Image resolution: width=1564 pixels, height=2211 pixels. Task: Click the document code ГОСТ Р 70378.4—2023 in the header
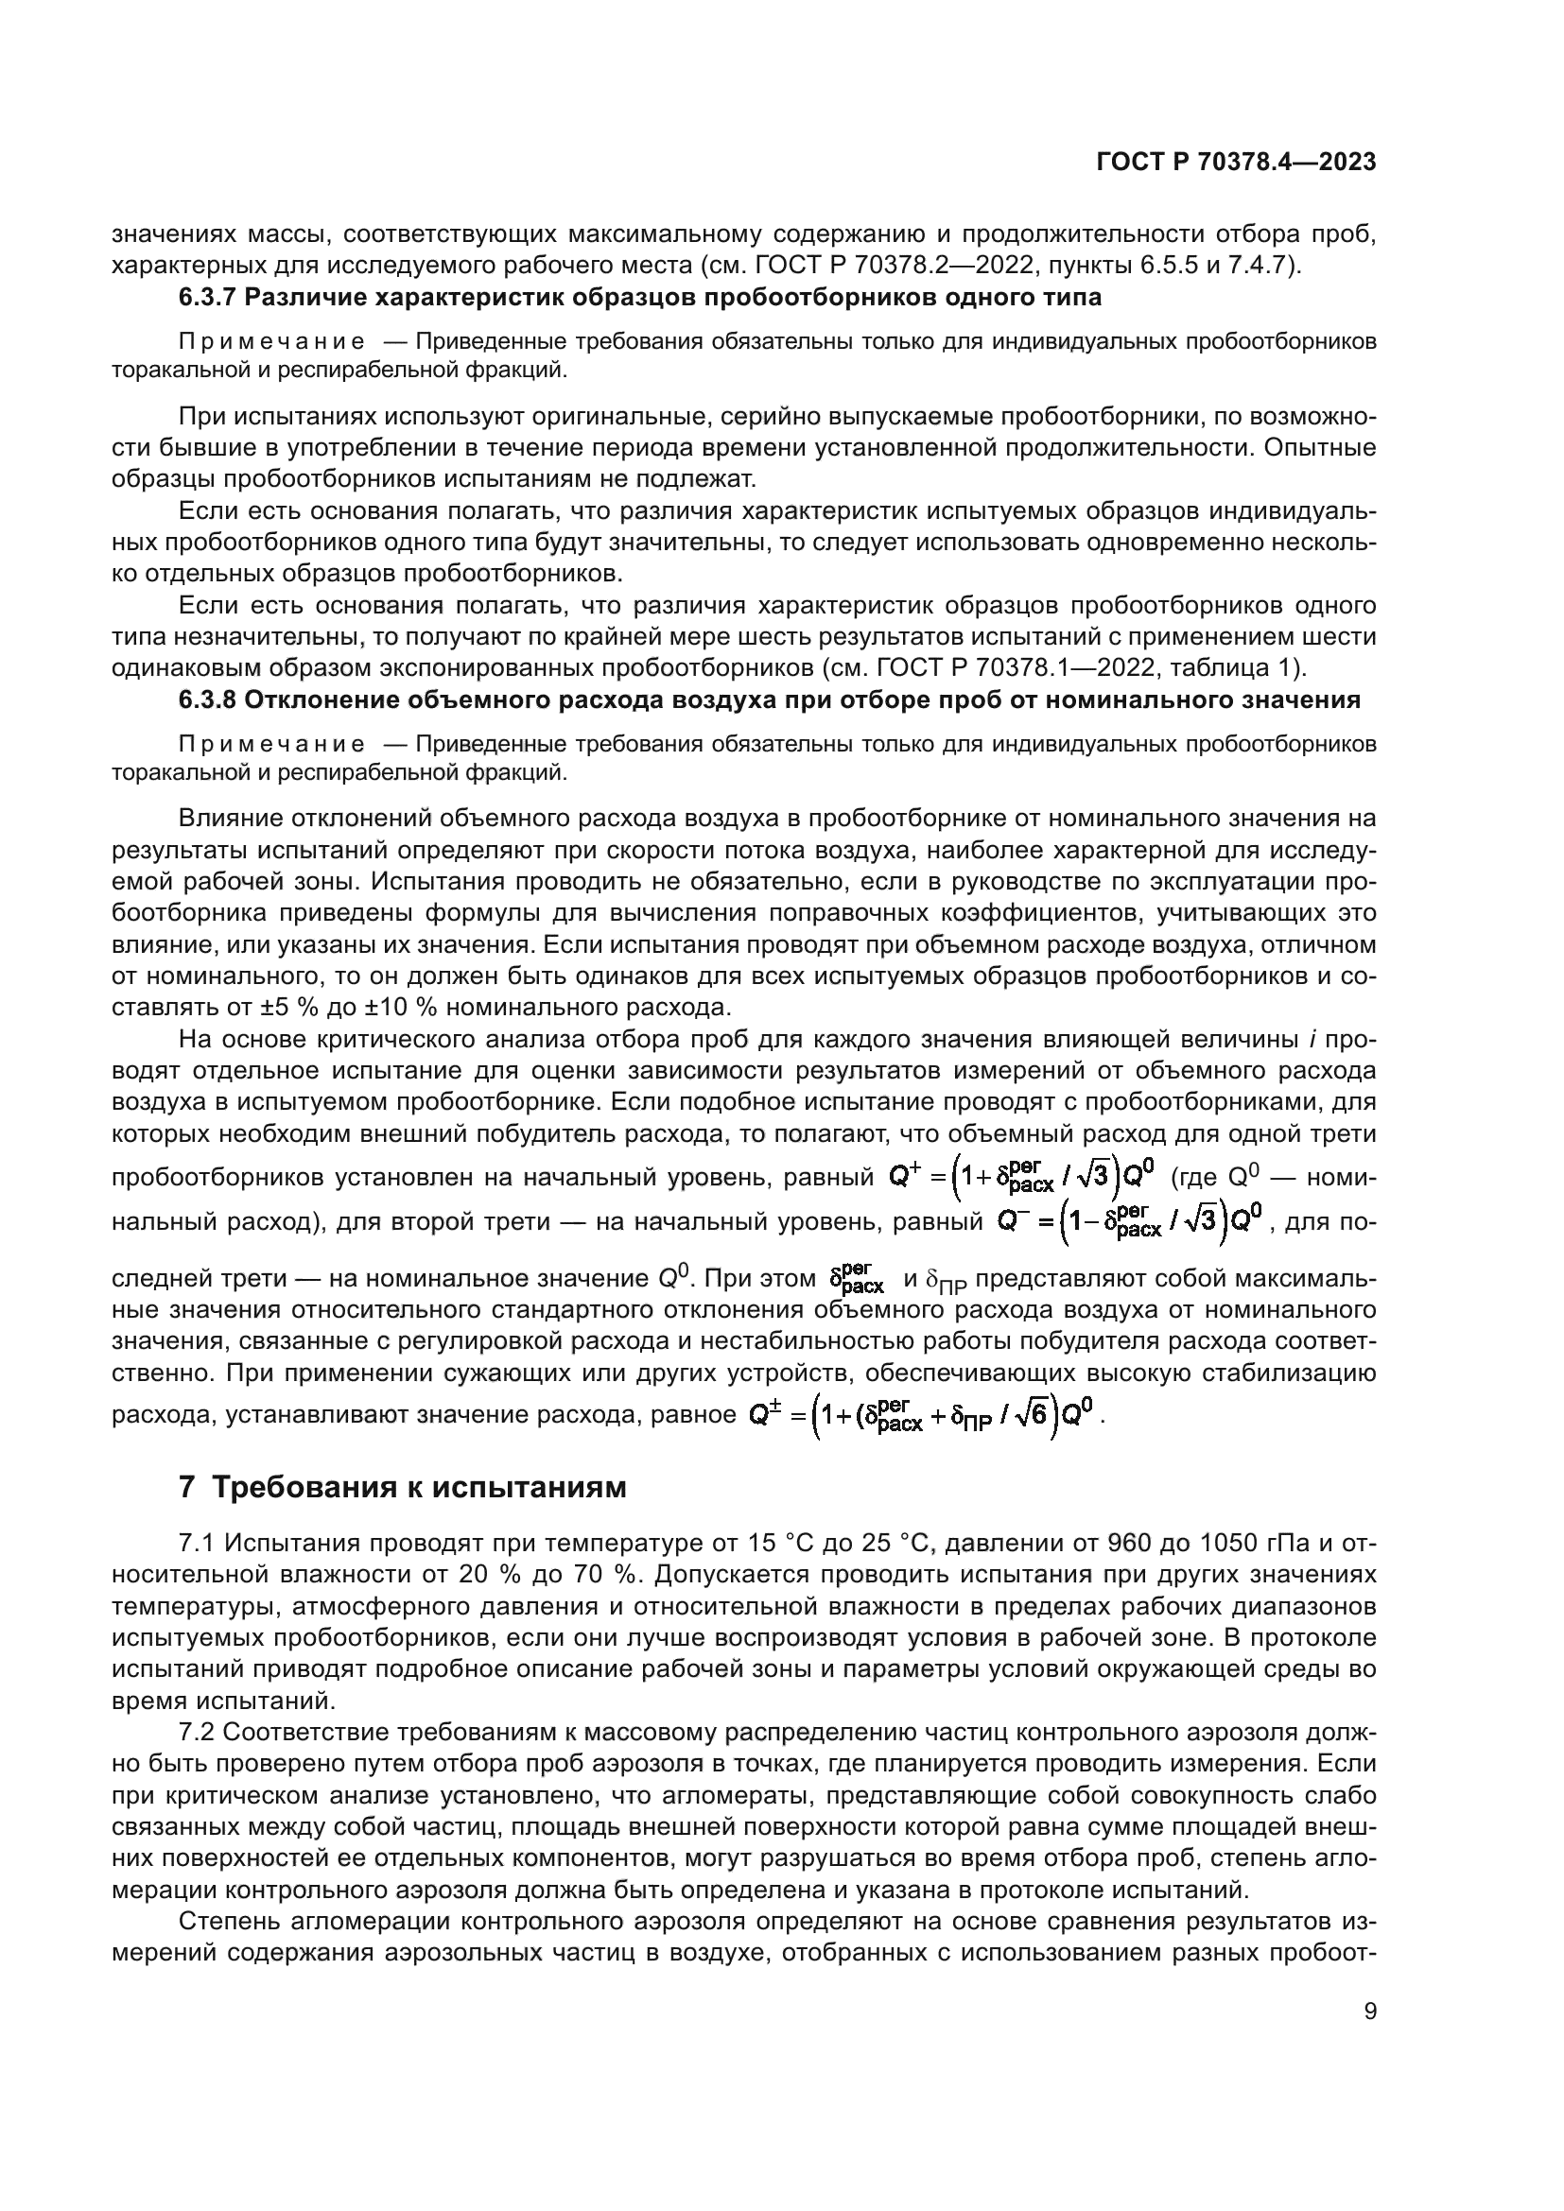(1236, 163)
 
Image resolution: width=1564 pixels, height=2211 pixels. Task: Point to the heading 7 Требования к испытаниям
(403, 1488)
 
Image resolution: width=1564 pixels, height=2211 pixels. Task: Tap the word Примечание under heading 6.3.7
(271, 342)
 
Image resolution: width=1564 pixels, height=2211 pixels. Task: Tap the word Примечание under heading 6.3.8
(271, 744)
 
